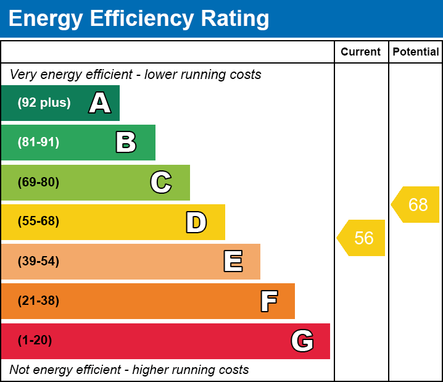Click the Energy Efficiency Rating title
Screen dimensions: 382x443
pos(139,19)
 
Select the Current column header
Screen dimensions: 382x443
pos(361,52)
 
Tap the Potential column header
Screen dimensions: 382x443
pos(416,52)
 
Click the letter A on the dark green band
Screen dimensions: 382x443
pos(100,103)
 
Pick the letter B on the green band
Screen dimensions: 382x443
pos(126,143)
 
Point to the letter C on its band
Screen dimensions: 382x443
pos(161,182)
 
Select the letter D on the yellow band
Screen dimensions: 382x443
pos(196,222)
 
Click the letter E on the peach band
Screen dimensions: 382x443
pos(233,262)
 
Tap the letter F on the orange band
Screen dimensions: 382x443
pos(268,301)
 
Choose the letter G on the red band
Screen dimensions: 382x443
pos(302,341)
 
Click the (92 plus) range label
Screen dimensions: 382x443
pos(44,103)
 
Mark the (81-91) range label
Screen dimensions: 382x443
pos(38,143)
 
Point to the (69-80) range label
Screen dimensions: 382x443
pos(38,182)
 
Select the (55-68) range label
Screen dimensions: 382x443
pos(38,222)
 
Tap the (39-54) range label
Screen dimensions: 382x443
pos(38,262)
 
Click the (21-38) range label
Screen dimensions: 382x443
pos(38,301)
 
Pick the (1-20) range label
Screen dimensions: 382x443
pos(35,341)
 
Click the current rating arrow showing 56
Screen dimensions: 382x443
pos(362,238)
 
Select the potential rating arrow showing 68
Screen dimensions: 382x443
pos(416,204)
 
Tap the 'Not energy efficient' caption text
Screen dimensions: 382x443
pos(129,370)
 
